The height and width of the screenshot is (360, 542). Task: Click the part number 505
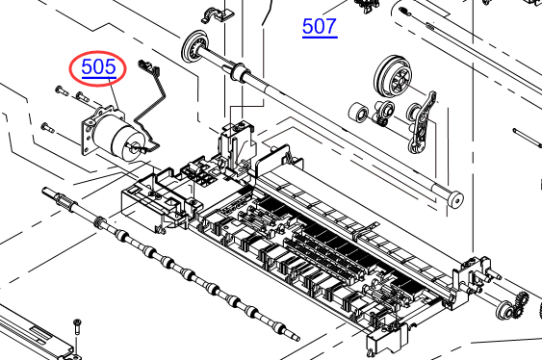point(98,67)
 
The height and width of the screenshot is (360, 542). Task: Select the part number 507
point(320,27)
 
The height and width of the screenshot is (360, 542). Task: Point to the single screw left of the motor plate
point(48,127)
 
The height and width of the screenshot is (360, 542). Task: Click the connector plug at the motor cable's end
point(147,65)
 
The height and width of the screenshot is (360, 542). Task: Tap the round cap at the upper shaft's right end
point(455,199)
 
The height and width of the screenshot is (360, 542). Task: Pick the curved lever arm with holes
point(423,122)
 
